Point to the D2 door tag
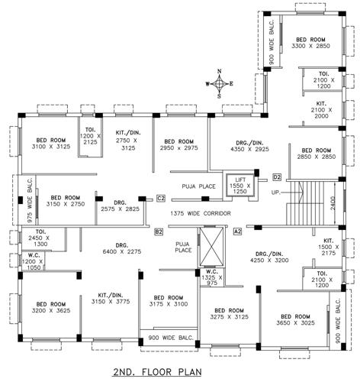tap(277, 177)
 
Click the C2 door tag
tap(161, 199)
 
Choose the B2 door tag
tap(159, 231)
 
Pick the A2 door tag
tap(237, 231)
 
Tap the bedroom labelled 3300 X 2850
tap(310, 43)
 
